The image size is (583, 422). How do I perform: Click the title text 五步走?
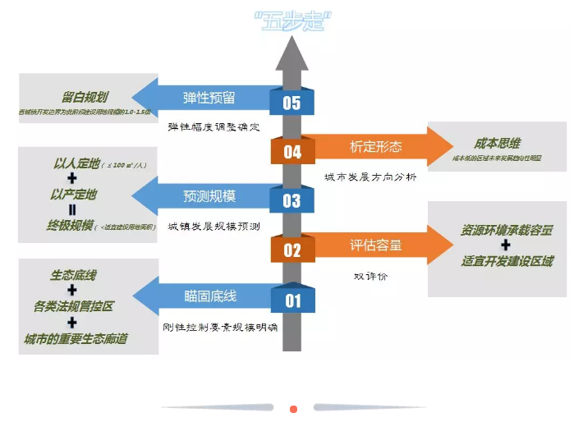pos(291,21)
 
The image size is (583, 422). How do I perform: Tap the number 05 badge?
pos(291,103)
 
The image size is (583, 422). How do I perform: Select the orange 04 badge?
pos(292,152)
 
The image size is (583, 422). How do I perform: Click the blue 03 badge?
pos(291,200)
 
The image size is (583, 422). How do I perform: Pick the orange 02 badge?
pos(292,250)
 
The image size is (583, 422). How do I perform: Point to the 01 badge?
pos(293,301)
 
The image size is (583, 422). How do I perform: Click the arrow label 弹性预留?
pos(209,98)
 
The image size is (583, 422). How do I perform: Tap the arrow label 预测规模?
pos(209,196)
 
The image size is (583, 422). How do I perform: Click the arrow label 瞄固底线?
pos(210,296)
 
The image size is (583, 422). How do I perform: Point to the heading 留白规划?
pos(85,96)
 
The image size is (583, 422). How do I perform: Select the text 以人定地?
pos(74,163)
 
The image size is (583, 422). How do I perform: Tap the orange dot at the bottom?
pos(293,408)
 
